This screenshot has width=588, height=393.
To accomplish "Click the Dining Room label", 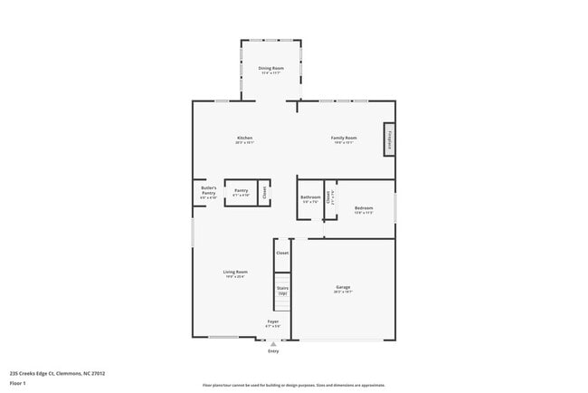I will (x=270, y=70).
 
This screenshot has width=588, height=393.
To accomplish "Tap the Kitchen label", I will (x=244, y=139).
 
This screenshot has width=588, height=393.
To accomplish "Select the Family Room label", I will (x=344, y=139).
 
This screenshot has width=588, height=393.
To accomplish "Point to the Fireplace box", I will (x=389, y=139).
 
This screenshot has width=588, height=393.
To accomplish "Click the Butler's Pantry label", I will (x=208, y=192).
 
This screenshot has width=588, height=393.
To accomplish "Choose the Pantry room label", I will (x=241, y=192).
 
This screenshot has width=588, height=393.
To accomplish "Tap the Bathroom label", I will (x=310, y=198).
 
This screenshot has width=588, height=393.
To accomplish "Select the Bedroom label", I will (x=363, y=209).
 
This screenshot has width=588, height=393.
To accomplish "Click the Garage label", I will (x=343, y=289).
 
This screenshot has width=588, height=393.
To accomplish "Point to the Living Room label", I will (x=235, y=273).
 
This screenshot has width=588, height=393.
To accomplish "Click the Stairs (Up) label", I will (x=282, y=290).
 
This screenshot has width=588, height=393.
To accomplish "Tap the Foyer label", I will (x=272, y=323).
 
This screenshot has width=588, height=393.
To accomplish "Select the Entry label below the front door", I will (x=272, y=350).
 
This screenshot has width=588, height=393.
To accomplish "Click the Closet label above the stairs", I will (x=282, y=253).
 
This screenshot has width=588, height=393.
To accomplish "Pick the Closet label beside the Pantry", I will (x=264, y=192).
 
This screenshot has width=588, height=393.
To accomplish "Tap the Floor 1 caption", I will (x=18, y=383).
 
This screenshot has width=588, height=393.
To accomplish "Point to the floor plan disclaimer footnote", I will (x=294, y=386).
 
